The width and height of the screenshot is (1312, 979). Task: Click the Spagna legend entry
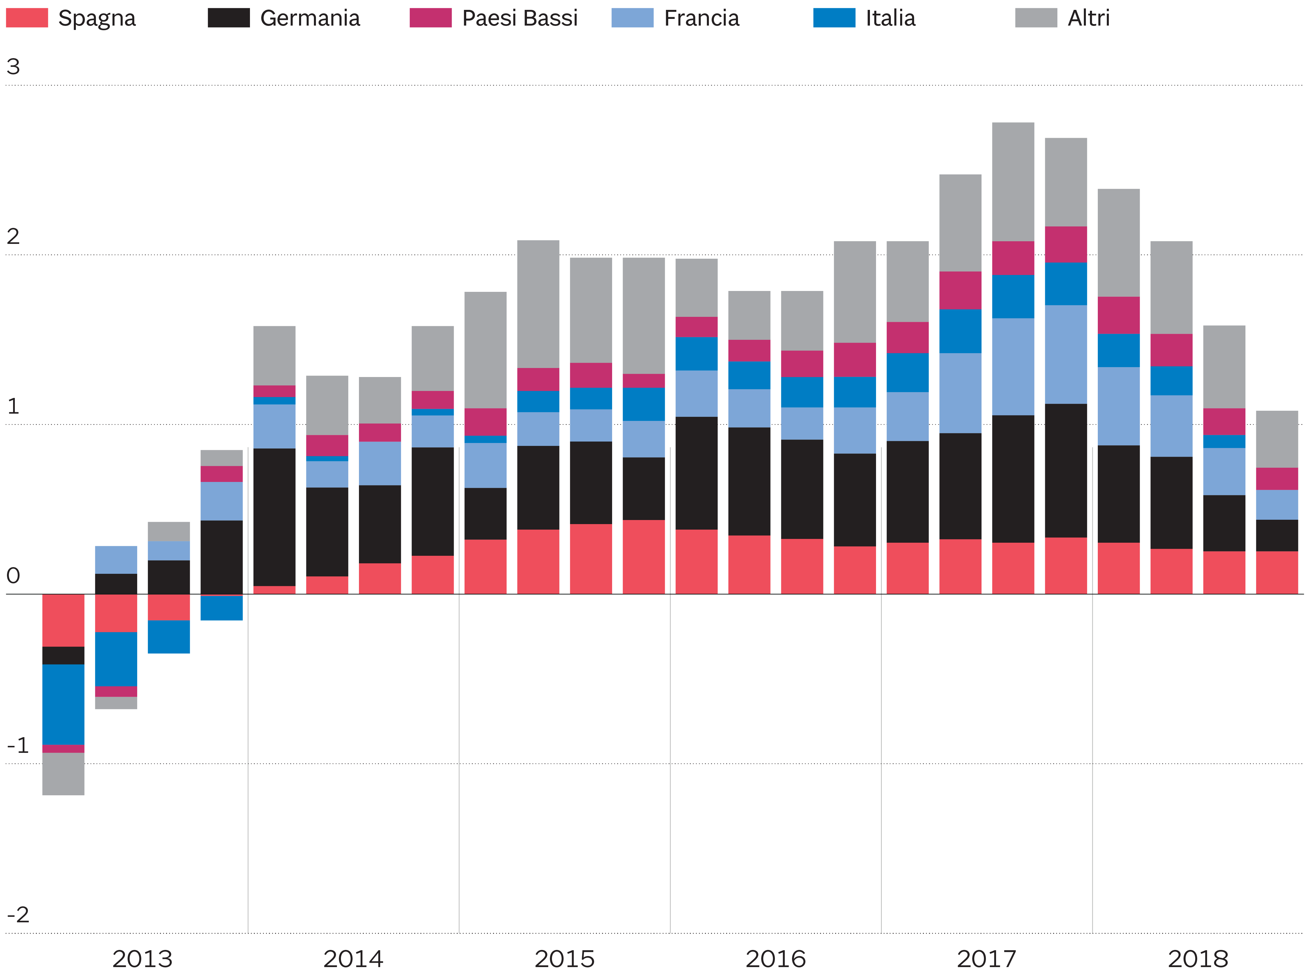point(71,18)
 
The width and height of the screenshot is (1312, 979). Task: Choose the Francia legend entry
point(675,18)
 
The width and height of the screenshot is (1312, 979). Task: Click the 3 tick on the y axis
point(13,66)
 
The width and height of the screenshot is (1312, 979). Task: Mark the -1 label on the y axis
point(18,745)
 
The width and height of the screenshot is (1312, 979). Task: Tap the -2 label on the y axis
point(18,914)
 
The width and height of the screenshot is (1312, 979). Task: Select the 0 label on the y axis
point(13,576)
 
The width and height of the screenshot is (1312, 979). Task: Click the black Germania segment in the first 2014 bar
point(274,517)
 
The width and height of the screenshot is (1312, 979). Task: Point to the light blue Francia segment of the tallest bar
point(1013,367)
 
